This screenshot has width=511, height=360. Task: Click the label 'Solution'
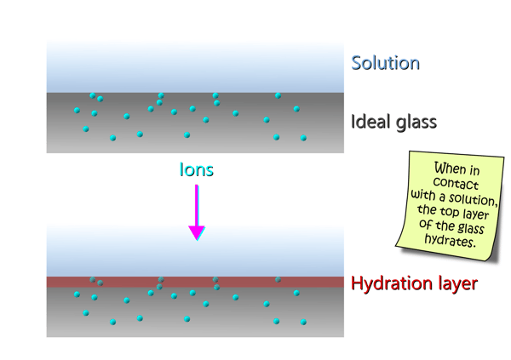coord(385,63)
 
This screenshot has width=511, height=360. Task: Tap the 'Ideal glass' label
coord(393,122)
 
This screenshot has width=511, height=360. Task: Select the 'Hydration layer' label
coord(414,283)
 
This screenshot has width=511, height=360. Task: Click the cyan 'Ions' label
coord(196,169)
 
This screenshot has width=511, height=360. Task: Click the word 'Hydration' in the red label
coord(392,283)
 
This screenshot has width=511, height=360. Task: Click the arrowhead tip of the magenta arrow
coord(197,237)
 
